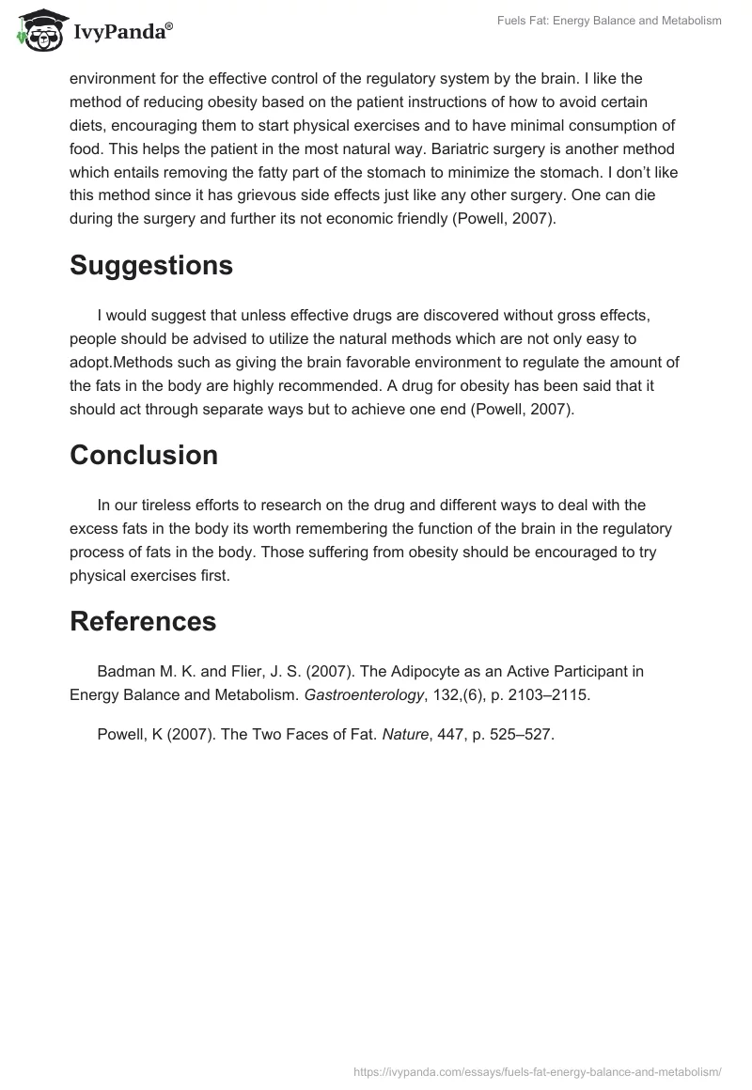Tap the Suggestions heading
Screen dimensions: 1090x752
tap(150, 266)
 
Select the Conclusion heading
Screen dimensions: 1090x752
tap(143, 455)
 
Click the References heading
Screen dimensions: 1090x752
tap(142, 621)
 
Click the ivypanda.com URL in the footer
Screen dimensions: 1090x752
tap(538, 1071)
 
